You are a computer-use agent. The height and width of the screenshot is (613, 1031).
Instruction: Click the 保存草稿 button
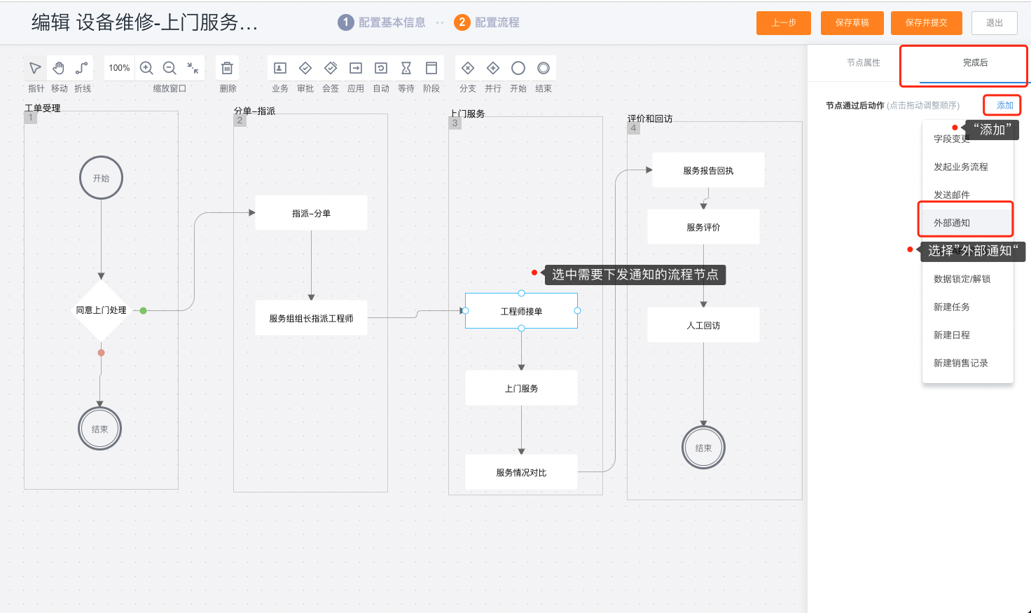pyautogui.click(x=852, y=22)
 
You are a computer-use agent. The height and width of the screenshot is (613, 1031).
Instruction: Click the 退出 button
pyautogui.click(x=994, y=22)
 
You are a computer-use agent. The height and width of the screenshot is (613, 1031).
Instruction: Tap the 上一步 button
pyautogui.click(x=783, y=22)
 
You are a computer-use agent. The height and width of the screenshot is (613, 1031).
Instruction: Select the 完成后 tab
pyautogui.click(x=975, y=63)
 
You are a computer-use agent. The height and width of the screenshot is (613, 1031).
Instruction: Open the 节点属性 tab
pyautogui.click(x=863, y=63)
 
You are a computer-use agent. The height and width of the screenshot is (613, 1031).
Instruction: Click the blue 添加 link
pyautogui.click(x=1004, y=105)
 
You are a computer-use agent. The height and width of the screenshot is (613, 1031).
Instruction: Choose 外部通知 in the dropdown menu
pyautogui.click(x=952, y=223)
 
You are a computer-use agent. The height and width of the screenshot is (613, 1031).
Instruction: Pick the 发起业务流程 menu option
pyautogui.click(x=960, y=167)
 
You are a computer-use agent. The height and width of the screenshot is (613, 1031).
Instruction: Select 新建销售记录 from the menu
pyautogui.click(x=960, y=363)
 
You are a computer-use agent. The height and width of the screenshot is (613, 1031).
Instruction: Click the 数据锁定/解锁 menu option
pyautogui.click(x=962, y=279)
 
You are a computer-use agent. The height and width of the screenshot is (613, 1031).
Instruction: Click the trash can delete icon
pyautogui.click(x=227, y=68)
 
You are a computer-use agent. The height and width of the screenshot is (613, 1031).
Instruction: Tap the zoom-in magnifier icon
pyautogui.click(x=146, y=68)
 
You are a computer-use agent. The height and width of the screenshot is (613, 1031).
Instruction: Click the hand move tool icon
pyautogui.click(x=59, y=68)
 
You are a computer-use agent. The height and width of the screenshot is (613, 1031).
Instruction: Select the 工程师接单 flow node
pyautogui.click(x=521, y=311)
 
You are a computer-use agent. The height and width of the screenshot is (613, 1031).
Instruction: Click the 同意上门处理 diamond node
pyautogui.click(x=101, y=310)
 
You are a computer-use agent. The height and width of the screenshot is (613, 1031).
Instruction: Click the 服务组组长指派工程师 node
pyautogui.click(x=311, y=318)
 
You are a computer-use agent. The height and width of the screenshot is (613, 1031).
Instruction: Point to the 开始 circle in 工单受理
pyautogui.click(x=101, y=178)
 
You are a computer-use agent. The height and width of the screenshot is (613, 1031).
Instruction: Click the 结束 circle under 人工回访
pyautogui.click(x=703, y=448)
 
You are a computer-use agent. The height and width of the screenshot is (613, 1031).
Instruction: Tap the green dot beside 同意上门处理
pyautogui.click(x=143, y=310)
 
